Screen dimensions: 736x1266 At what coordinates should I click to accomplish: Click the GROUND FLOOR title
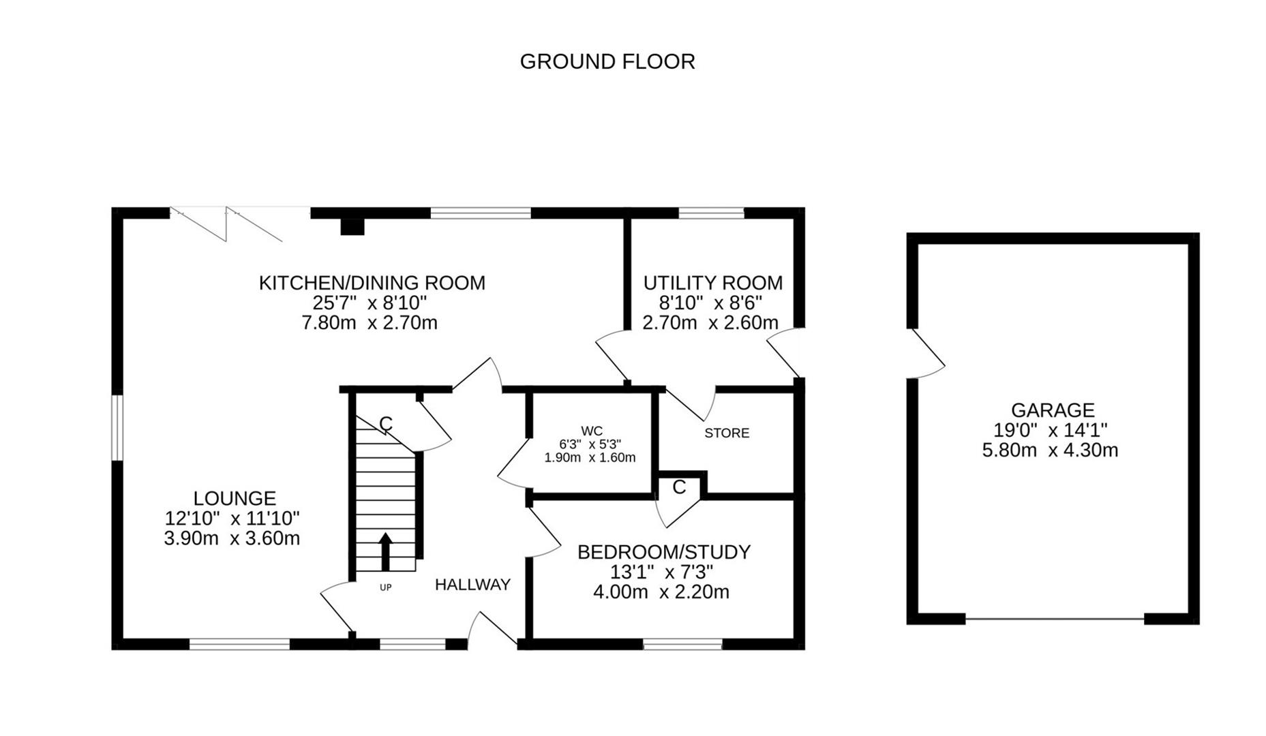point(607,62)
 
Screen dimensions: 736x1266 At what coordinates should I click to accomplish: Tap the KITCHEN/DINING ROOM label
point(372,283)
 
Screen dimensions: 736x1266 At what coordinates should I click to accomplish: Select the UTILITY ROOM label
point(712,283)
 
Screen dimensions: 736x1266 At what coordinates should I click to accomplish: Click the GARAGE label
point(1052,410)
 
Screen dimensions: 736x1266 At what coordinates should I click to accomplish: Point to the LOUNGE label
point(234,498)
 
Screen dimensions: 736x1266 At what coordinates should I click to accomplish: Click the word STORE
point(726,433)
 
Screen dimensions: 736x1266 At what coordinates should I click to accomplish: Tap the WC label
point(591,431)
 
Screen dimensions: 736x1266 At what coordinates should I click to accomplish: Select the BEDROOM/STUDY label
point(663,552)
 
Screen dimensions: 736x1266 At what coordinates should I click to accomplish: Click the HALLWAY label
point(472,585)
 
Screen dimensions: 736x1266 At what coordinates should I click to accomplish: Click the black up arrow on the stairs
point(385,551)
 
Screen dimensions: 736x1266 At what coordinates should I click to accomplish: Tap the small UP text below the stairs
point(385,587)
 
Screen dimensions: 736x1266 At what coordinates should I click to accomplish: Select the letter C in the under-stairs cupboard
point(385,425)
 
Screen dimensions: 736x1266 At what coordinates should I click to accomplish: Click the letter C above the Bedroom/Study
point(679,487)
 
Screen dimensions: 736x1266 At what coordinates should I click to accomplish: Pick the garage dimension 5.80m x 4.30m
point(1049,450)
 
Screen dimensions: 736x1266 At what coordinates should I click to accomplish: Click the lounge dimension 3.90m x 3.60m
point(232,538)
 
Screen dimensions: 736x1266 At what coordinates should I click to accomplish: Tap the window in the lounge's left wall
point(117,428)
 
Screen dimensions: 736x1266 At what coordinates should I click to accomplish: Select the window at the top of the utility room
point(711,213)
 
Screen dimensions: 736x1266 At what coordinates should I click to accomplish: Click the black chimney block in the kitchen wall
point(352,226)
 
